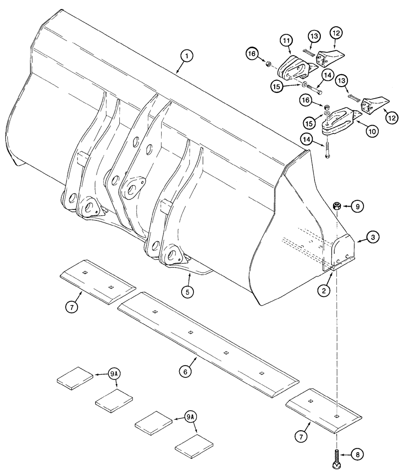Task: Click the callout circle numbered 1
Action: click(x=187, y=57)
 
